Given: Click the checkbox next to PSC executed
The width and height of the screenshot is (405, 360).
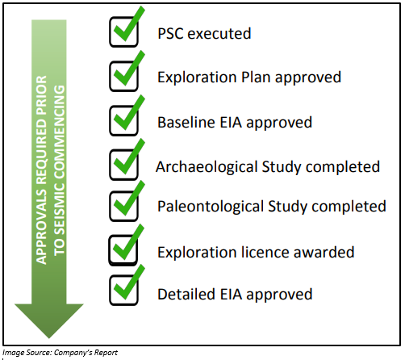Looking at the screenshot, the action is click(123, 31).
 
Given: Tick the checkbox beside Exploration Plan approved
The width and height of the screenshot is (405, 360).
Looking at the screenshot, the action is click(123, 76).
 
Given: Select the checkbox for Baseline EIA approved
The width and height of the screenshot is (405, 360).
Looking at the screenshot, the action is click(123, 120).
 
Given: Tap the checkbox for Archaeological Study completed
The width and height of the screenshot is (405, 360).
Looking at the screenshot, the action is click(123, 165).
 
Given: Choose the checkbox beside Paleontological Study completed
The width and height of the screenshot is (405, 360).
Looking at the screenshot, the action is click(123, 206).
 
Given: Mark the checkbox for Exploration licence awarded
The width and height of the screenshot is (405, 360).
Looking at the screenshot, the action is click(123, 250).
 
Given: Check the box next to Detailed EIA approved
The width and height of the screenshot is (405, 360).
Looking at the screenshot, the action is click(123, 290).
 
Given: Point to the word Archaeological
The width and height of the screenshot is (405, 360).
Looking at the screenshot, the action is click(207, 167).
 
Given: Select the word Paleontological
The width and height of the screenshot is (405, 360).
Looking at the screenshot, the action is click(211, 207).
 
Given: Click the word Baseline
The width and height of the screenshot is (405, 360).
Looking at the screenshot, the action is click(186, 123).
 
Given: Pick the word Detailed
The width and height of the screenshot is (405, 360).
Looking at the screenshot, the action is click(186, 294).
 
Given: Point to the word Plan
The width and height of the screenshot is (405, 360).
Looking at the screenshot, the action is click(256, 77).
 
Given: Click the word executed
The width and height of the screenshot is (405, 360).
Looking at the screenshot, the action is click(219, 34).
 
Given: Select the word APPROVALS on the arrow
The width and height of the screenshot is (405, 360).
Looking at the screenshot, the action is click(41, 227).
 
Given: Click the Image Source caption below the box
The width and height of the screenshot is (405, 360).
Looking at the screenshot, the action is click(60, 353).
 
